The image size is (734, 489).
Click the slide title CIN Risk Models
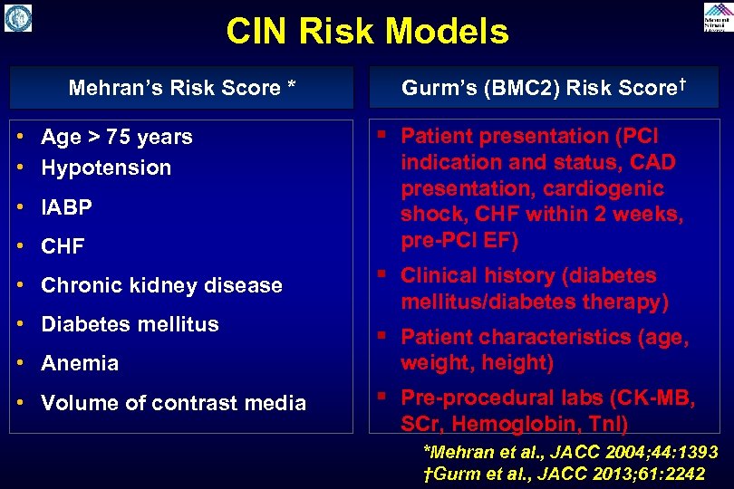tap(367, 32)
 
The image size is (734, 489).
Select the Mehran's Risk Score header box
tap(182, 88)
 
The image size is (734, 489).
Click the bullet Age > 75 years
tap(116, 137)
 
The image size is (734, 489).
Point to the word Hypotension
tap(106, 168)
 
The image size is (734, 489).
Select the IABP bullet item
tap(66, 207)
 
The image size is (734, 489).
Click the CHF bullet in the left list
tap(63, 246)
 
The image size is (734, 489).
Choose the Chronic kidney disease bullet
tap(161, 285)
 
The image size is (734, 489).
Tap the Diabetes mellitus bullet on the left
tap(130, 324)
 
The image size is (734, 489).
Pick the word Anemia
tap(80, 363)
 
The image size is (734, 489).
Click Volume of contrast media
tap(173, 403)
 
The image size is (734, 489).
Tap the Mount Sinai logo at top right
tap(717, 17)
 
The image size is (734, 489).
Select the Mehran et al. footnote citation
tap(571, 452)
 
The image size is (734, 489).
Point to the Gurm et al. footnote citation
tap(564, 474)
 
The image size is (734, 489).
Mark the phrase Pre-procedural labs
tap(500, 398)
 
